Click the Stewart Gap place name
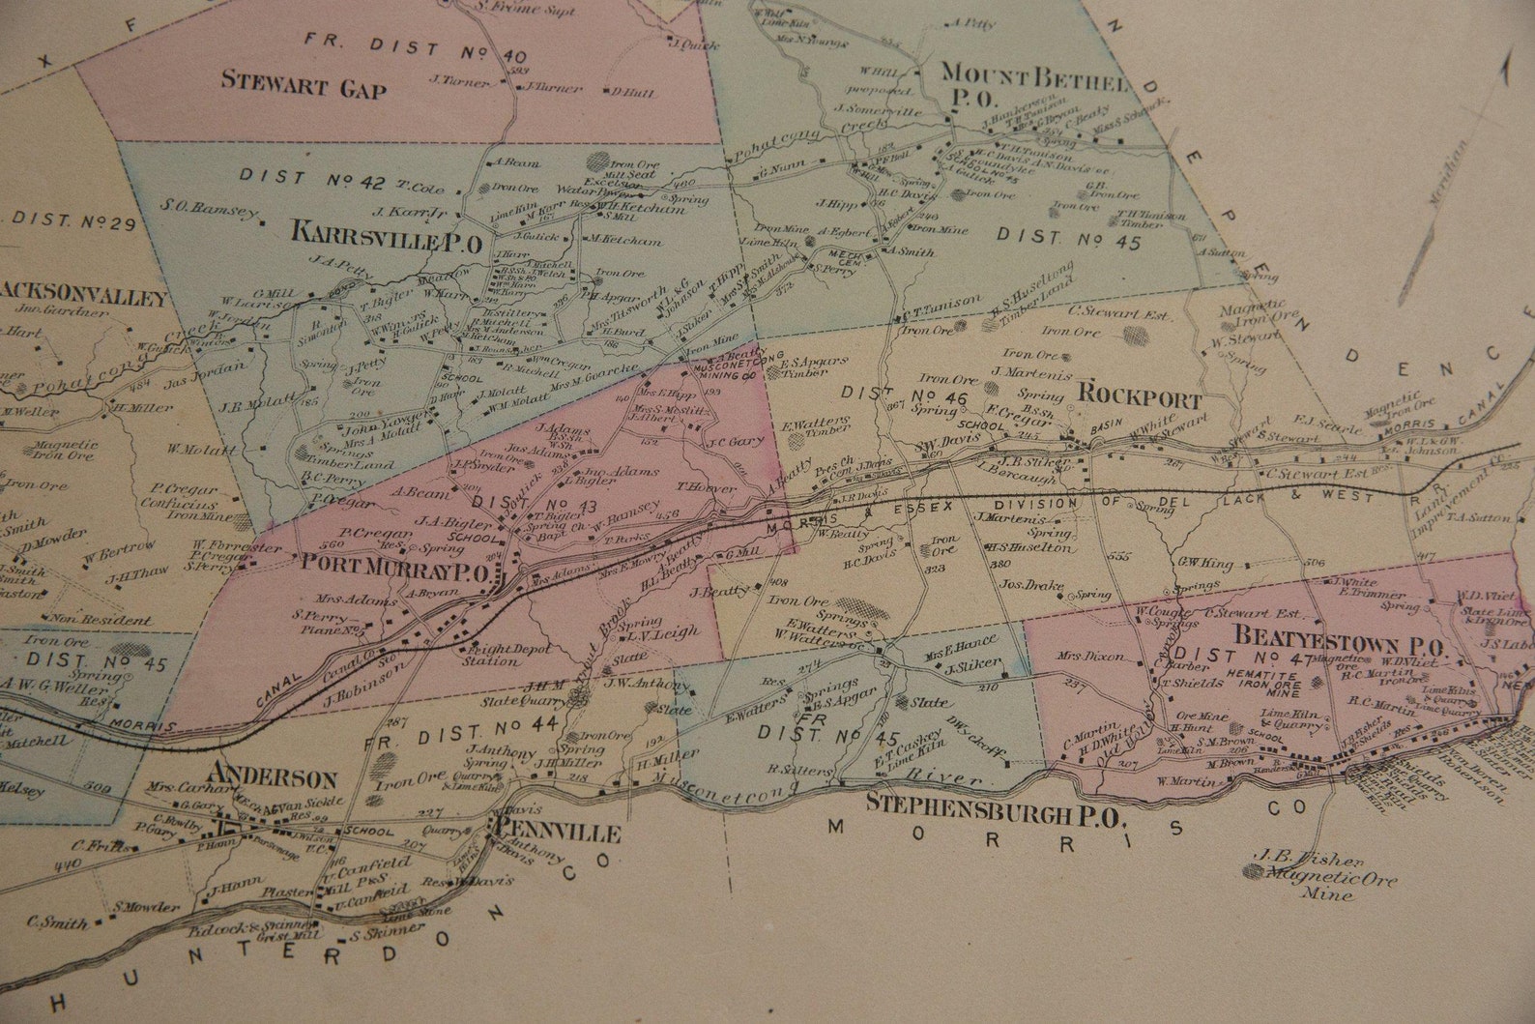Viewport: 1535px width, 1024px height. pyautogui.click(x=304, y=85)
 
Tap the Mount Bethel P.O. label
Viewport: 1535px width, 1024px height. pyautogui.click(x=1032, y=83)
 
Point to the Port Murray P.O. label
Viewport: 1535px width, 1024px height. pyautogui.click(x=397, y=566)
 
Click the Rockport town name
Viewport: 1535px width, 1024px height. pyautogui.click(x=1139, y=399)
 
